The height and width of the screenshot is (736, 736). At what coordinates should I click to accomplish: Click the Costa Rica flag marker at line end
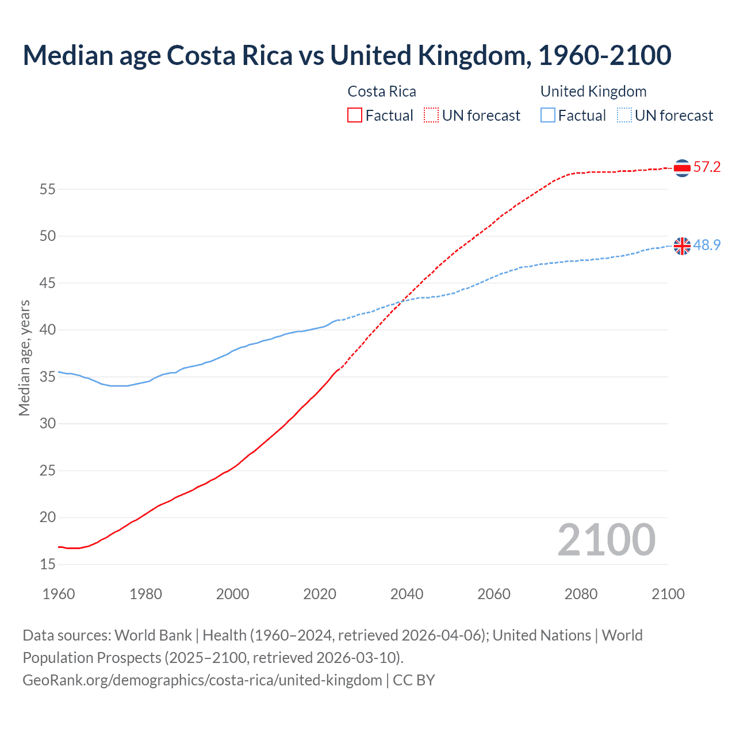pos(682,168)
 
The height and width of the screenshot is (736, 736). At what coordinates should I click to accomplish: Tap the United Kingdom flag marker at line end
pos(682,246)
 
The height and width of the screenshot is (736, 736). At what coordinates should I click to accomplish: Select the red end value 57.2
pos(707,167)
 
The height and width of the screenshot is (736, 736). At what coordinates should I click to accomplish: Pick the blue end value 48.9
pos(707,245)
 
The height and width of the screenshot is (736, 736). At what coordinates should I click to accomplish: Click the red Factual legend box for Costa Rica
pos(355,116)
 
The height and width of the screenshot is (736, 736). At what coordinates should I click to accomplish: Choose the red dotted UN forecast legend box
pos(431,116)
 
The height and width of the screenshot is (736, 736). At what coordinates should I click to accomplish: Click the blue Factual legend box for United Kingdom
pos(548,116)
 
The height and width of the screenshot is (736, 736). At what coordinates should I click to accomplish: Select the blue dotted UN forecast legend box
pos(624,116)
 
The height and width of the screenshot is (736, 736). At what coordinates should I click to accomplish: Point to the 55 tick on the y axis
pos(48,189)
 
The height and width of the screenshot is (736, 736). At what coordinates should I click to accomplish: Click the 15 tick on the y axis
pos(48,564)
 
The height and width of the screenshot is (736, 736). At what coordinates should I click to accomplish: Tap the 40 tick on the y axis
pos(48,330)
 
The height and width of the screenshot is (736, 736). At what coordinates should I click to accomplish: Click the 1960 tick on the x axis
pos(59,594)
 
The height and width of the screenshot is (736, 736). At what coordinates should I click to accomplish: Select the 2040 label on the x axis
pos(407,594)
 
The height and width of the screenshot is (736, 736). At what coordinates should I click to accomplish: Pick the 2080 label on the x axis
pos(581,594)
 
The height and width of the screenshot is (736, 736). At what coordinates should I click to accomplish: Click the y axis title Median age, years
pos(24,358)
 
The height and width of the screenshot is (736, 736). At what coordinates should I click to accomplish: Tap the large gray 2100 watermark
pos(607,540)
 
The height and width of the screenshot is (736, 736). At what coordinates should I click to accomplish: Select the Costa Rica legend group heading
pos(382,91)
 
